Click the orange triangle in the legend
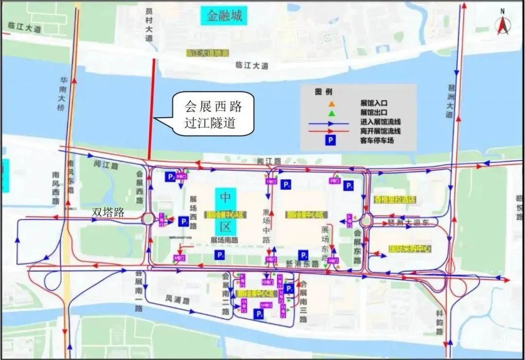332,104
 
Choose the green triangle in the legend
332,113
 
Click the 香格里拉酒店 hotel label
395,199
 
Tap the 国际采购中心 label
411,249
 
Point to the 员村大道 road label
149,27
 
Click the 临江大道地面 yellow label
208,53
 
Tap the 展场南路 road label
224,240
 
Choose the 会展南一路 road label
139,291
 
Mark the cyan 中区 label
226,212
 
